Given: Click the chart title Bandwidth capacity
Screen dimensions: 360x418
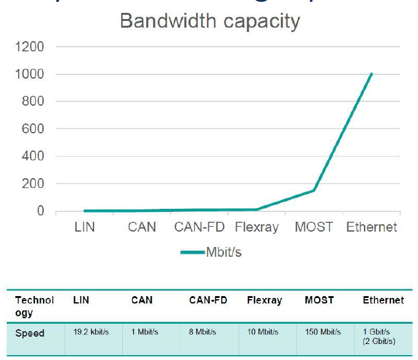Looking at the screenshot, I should click(x=210, y=21).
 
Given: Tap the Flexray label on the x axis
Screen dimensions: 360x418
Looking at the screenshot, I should click(x=257, y=227).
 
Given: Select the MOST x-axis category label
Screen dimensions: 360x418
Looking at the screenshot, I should click(x=313, y=227).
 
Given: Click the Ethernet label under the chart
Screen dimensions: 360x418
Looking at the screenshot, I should click(x=371, y=227).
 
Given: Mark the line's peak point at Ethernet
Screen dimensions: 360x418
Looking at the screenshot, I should click(x=371, y=74).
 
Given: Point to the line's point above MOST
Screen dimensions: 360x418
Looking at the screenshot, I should click(x=313, y=190).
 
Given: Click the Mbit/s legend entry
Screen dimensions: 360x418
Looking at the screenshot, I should click(x=212, y=252).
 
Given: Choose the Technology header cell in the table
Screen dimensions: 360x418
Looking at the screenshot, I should click(x=34, y=305).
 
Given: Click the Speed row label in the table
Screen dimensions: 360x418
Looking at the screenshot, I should click(x=30, y=334).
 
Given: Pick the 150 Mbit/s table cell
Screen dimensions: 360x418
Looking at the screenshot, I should click(x=323, y=332).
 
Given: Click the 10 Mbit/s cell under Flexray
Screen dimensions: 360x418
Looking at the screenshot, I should click(x=262, y=332).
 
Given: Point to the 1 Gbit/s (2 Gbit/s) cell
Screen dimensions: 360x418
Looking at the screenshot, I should click(x=381, y=336).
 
